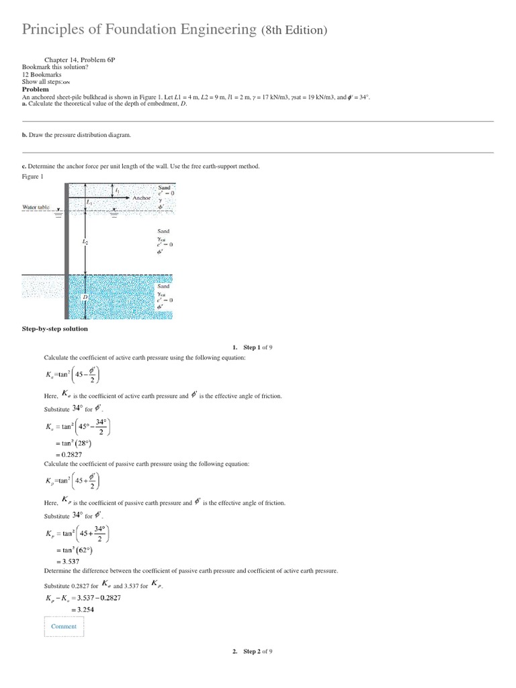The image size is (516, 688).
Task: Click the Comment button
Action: pos(64,626)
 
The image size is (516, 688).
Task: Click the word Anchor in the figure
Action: pos(142,198)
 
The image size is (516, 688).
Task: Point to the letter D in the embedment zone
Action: pos(85,296)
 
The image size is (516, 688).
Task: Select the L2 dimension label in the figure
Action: pos(85,240)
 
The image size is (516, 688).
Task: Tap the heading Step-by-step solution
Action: pos(55,329)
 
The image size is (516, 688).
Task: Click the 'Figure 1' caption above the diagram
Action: pos(33,176)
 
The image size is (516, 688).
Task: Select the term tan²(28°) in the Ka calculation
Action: pos(73,443)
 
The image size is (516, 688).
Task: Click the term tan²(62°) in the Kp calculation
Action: pos(73,550)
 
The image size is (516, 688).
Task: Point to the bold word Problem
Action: pos(36,89)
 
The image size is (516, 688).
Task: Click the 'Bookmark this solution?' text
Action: pos(50,68)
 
